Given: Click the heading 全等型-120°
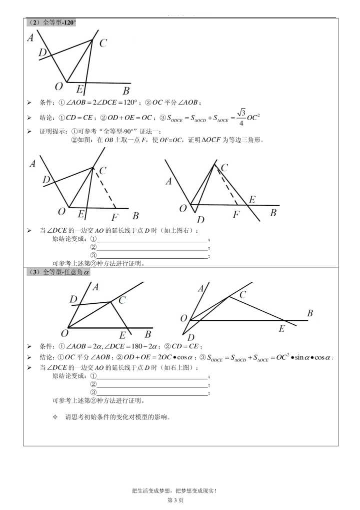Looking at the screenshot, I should [x=50, y=23].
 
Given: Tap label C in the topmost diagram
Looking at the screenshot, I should [x=102, y=44].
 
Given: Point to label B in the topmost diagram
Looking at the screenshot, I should [x=126, y=91].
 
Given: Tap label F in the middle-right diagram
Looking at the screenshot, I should [x=236, y=215].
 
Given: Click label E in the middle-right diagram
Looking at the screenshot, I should [x=252, y=200].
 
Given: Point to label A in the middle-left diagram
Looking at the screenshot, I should [x=32, y=164].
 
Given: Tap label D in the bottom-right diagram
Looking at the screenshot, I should [x=190, y=337].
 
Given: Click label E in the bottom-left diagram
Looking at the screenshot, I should [x=122, y=335].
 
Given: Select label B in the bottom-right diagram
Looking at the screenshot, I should [x=310, y=313].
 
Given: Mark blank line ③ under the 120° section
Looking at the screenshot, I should [x=152, y=255].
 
